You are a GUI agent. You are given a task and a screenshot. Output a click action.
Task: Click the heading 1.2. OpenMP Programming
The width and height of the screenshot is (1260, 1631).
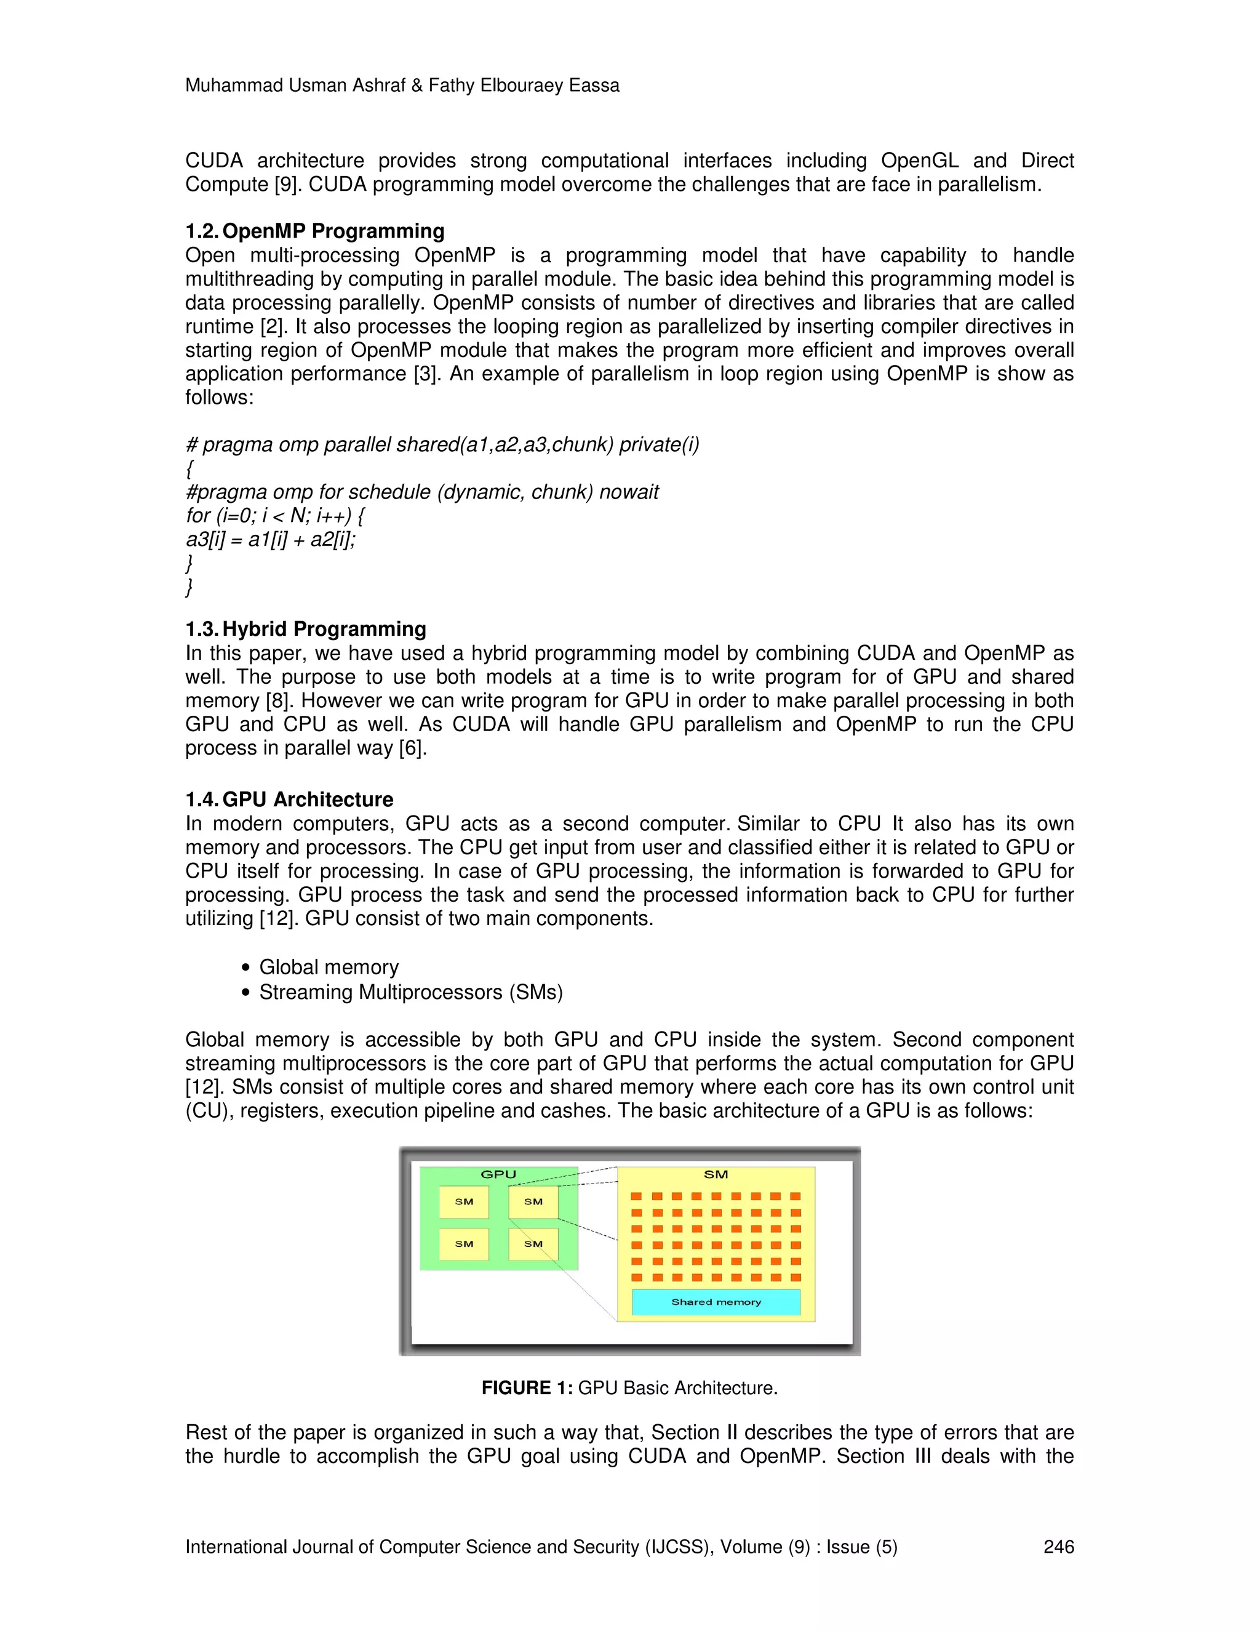(x=314, y=231)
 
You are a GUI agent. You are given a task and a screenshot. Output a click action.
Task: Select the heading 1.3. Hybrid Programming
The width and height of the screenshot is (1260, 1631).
(x=305, y=629)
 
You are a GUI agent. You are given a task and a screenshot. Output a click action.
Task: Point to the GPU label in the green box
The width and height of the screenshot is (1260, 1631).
(x=498, y=1174)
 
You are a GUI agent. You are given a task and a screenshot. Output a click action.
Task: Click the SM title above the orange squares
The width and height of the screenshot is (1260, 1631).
(x=715, y=1174)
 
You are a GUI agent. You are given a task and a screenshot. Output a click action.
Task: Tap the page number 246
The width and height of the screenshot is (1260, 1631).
(x=1058, y=1547)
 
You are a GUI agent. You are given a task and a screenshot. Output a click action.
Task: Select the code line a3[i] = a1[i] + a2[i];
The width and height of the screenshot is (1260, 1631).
(x=270, y=539)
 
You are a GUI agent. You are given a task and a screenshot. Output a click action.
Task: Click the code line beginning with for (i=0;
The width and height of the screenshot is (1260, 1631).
(x=274, y=515)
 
